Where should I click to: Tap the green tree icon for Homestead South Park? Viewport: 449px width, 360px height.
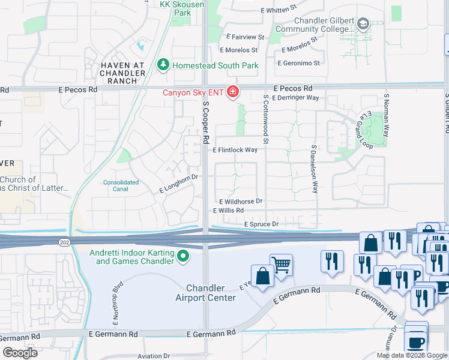pyautogui.click(x=163, y=65)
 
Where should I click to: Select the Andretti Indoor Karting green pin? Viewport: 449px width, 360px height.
pyautogui.click(x=183, y=257)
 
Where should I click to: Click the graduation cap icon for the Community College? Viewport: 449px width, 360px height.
pyautogui.click(x=363, y=25)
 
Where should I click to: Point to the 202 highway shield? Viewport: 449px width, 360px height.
pyautogui.click(x=64, y=242)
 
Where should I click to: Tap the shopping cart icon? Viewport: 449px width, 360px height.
pyautogui.click(x=281, y=264)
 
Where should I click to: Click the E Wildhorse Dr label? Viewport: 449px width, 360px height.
pyautogui.click(x=241, y=202)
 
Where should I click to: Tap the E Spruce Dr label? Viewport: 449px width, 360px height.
pyautogui.click(x=262, y=224)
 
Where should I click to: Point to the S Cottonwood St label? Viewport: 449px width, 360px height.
pyautogui.click(x=265, y=119)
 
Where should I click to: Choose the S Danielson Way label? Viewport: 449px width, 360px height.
pyautogui.click(x=314, y=169)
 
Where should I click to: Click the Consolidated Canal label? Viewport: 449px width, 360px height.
pyautogui.click(x=121, y=185)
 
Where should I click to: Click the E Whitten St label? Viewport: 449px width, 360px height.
pyautogui.click(x=279, y=10)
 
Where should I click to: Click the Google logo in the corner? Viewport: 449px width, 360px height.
pyautogui.click(x=19, y=352)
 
